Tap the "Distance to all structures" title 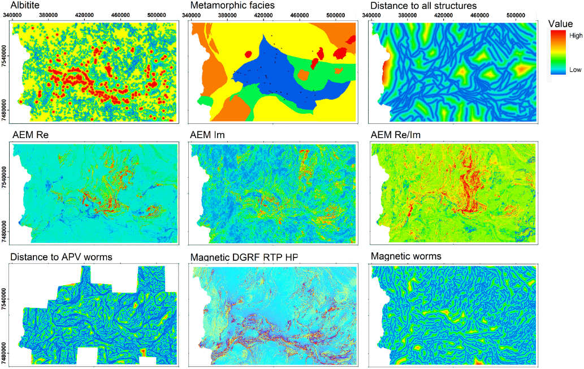point(423,6)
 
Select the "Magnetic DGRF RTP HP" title point(245,258)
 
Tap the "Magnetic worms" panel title point(406,256)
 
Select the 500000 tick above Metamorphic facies point(336,15)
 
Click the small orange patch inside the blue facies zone point(304,75)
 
